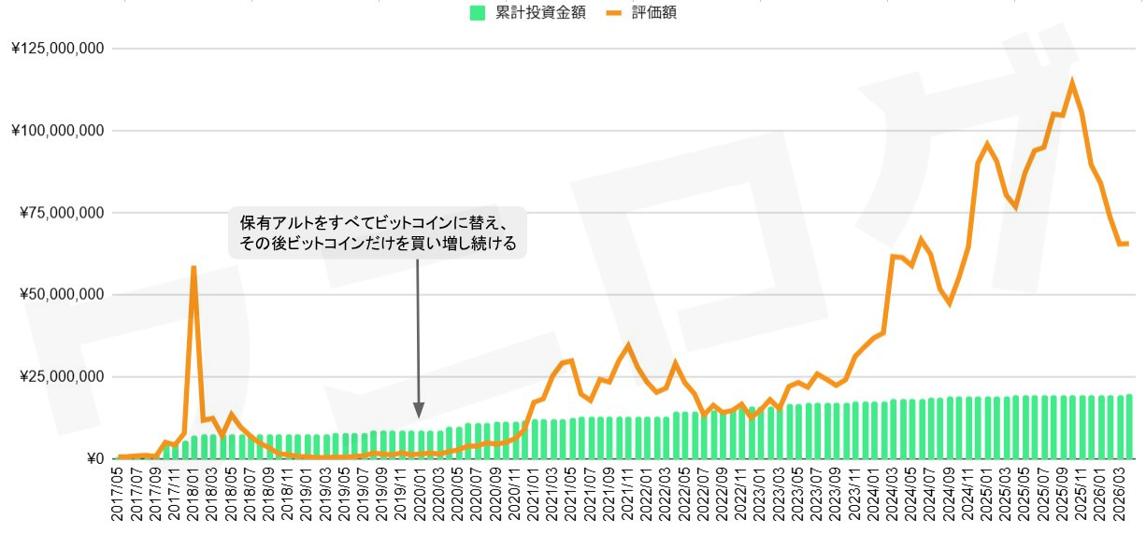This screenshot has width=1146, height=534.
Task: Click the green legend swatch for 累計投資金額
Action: point(477,12)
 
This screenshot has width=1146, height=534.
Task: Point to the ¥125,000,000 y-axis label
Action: point(57,49)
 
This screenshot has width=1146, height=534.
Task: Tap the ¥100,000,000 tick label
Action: point(57,131)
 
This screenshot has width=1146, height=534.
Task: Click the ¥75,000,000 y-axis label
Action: point(62,213)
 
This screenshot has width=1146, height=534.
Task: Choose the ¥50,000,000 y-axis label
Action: point(62,295)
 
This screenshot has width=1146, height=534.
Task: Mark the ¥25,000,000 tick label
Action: point(62,377)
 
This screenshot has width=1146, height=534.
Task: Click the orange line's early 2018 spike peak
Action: point(193,268)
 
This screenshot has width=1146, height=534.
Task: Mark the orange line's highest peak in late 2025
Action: point(1072,82)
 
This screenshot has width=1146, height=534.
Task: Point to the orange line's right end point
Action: point(1128,244)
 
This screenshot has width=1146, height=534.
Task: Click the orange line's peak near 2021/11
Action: point(628,345)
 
